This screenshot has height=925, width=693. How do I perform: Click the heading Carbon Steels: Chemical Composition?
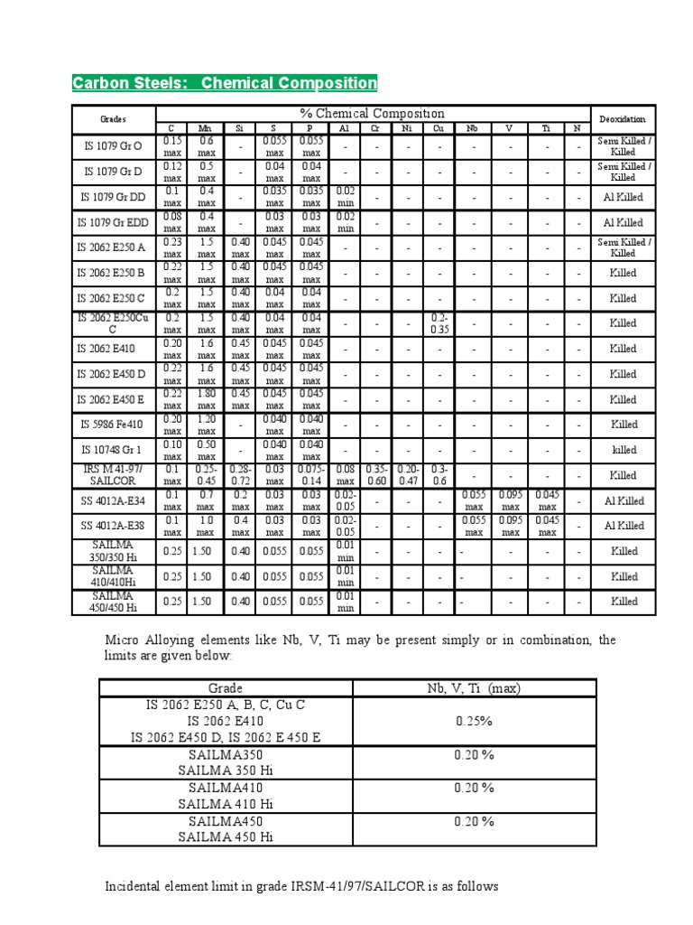point(225,83)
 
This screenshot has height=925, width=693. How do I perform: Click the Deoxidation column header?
point(623,118)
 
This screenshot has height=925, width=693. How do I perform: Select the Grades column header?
point(114,118)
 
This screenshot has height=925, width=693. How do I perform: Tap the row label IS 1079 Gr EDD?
point(114,221)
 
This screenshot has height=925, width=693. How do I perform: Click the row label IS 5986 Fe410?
point(114,424)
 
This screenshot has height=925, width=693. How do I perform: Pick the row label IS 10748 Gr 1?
point(114,449)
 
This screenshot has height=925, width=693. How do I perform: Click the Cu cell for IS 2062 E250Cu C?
point(439,322)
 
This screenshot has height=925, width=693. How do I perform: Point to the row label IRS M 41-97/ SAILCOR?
point(114,474)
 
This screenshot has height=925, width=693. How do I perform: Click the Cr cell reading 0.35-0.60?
point(375,474)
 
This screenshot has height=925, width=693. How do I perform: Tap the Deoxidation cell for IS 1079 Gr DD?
point(623,196)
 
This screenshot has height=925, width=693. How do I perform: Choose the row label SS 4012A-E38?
point(114,525)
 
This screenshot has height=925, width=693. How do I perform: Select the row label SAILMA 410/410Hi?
point(114,575)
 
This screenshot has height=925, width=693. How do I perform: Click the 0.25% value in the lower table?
point(474,721)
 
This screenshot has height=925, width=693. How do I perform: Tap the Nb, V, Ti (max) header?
point(474,688)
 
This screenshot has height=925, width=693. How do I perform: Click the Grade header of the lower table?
point(226,688)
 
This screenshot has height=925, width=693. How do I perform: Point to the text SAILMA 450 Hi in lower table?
point(226,836)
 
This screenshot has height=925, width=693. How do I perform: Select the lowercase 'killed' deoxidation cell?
point(623,449)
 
